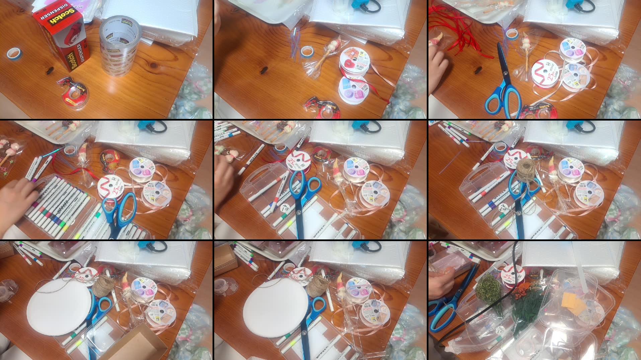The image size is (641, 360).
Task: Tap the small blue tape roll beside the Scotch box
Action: coord(14,53)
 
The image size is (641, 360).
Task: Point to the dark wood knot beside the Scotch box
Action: coord(50,70)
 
